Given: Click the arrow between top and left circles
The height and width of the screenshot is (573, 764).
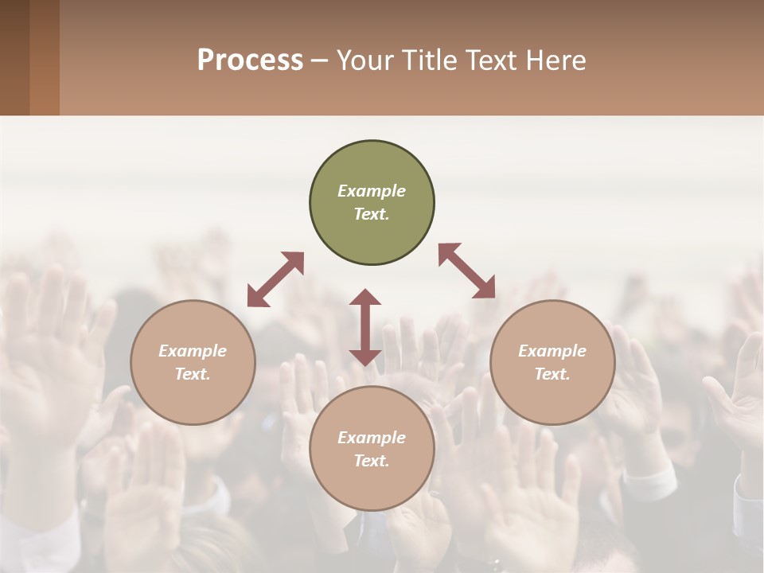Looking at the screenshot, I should pyautogui.click(x=275, y=279).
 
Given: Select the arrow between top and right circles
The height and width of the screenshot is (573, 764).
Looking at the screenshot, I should pyautogui.click(x=467, y=271).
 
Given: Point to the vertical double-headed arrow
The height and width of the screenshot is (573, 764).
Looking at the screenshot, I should pyautogui.click(x=365, y=327).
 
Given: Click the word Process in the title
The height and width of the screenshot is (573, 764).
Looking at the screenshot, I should pyautogui.click(x=250, y=60).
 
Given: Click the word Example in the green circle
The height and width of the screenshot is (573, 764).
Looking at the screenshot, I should pyautogui.click(x=372, y=191).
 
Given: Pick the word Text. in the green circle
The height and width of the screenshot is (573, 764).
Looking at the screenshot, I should pyautogui.click(x=372, y=214).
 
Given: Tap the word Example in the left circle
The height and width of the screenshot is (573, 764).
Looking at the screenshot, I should pyautogui.click(x=193, y=351).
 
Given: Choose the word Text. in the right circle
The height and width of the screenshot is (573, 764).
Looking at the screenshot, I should pyautogui.click(x=552, y=374).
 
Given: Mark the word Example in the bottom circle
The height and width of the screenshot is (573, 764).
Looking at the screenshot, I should pyautogui.click(x=372, y=438).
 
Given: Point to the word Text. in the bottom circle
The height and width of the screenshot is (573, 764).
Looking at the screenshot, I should pyautogui.click(x=372, y=461).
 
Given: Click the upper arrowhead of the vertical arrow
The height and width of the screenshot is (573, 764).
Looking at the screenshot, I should pyautogui.click(x=365, y=297).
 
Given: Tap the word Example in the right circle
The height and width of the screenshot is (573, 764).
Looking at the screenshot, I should pyautogui.click(x=552, y=351).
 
